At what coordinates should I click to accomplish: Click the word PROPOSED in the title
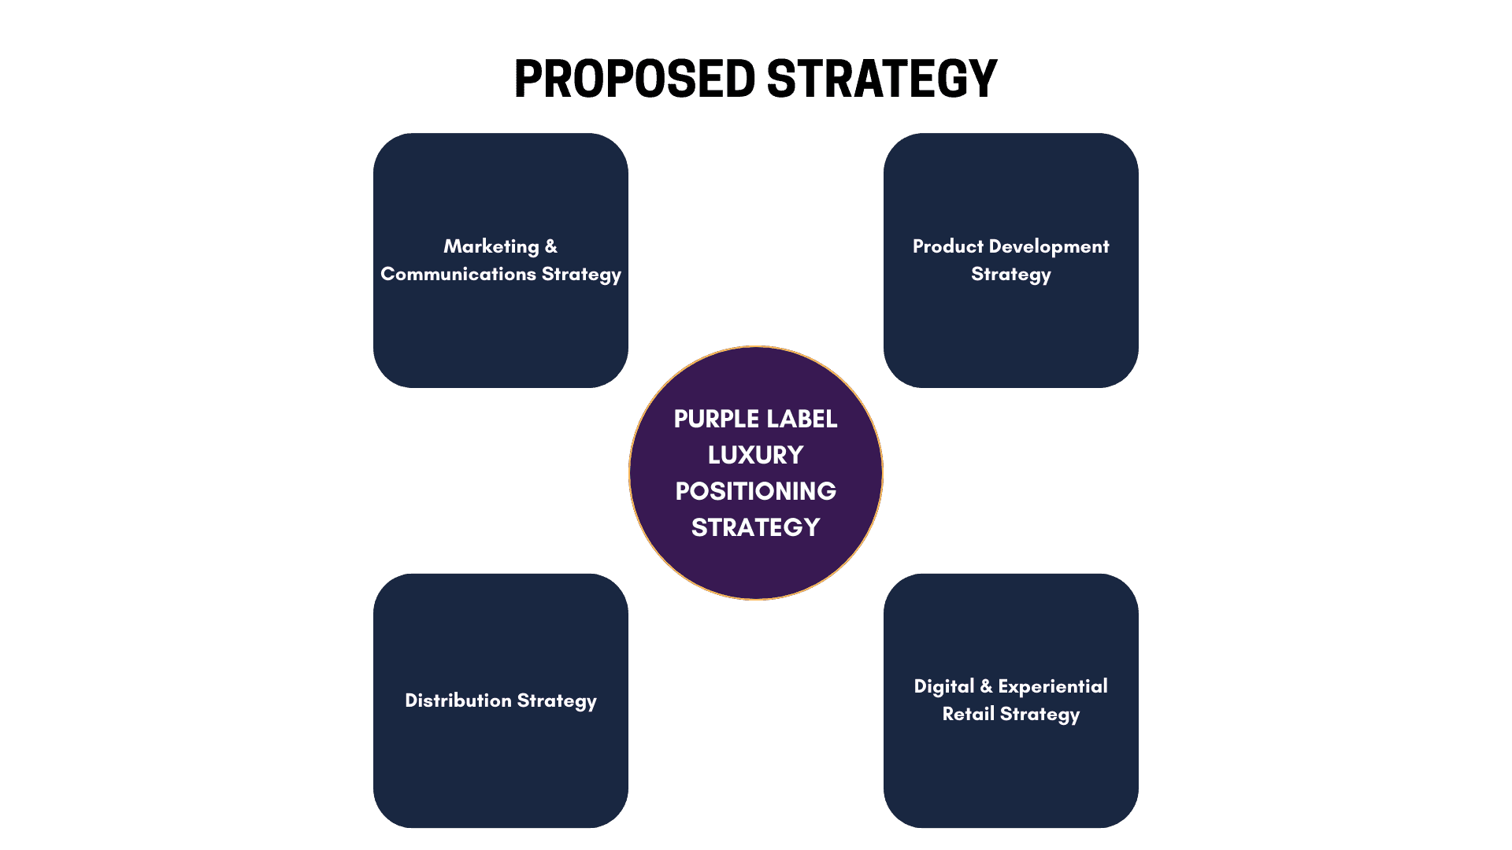(635, 79)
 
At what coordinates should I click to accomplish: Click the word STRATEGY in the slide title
(881, 79)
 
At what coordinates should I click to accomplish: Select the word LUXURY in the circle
(755, 455)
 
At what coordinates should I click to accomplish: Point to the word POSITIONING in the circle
(755, 491)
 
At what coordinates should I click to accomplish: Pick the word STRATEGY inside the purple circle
(755, 527)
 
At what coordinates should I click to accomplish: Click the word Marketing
(491, 247)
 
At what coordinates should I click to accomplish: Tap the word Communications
(458, 274)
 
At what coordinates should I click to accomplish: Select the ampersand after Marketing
(551, 247)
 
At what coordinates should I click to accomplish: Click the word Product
(948, 246)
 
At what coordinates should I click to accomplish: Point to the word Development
(1049, 246)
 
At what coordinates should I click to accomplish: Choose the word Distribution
(458, 700)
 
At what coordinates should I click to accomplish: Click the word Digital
(944, 687)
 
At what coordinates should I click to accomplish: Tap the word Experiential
(1053, 686)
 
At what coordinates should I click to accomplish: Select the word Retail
(969, 714)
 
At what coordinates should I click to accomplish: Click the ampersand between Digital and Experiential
(987, 686)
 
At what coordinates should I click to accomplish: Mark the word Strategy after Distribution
(557, 701)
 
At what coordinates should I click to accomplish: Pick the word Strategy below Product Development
(1011, 275)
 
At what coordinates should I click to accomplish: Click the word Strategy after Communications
(581, 275)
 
